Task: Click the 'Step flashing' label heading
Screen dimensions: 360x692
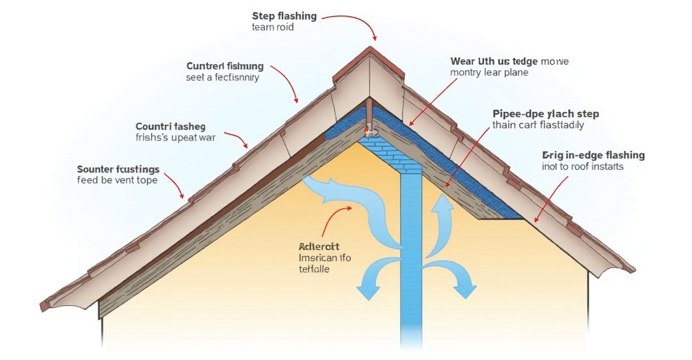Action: pos(284,16)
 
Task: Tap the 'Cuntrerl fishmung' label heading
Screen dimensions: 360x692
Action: pos(225,66)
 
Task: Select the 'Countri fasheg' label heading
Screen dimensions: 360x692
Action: pos(170,126)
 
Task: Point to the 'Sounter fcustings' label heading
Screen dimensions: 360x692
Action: pos(118,169)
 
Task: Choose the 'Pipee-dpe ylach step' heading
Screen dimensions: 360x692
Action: pos(546,114)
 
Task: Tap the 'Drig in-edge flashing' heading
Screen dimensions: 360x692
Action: pos(593,155)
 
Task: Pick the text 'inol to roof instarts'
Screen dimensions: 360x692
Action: pos(583,167)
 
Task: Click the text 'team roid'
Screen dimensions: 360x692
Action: pos(273,28)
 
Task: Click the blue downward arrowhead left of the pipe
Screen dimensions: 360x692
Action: pos(364,292)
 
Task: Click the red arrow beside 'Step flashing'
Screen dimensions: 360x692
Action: pos(352,23)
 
